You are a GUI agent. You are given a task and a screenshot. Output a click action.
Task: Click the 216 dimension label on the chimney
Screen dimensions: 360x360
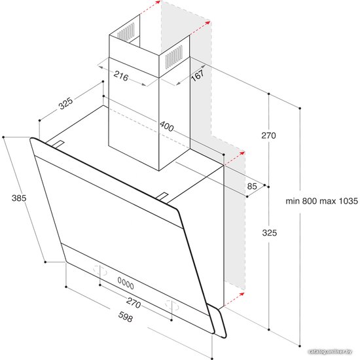click(121, 75)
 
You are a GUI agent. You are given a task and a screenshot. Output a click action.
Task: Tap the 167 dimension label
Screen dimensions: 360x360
click(198, 75)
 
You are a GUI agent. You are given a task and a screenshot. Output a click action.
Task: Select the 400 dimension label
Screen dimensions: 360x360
click(167, 126)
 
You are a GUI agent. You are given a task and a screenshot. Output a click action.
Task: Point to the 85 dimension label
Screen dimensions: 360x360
click(252, 186)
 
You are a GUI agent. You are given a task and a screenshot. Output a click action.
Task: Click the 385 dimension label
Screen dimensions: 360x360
click(19, 198)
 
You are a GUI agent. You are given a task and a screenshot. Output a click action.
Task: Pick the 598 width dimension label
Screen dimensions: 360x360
click(126, 317)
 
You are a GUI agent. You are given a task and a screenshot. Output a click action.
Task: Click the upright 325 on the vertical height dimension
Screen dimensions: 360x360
click(270, 233)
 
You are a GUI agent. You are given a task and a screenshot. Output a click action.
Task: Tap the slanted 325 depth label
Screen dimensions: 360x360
click(65, 103)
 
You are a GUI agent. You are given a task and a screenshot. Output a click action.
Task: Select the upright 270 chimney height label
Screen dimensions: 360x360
click(268, 135)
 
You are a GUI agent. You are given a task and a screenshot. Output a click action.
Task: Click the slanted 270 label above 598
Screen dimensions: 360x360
click(134, 302)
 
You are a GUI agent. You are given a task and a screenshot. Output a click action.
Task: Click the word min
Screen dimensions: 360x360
click(293, 201)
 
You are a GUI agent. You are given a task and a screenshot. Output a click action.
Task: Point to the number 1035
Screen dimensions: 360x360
click(348, 201)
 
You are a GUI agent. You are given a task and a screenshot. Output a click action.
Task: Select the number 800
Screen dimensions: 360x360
click(310, 201)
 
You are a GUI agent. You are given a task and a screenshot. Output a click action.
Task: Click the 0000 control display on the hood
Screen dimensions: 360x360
click(126, 283)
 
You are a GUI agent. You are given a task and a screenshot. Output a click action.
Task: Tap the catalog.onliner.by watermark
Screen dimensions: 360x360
click(331, 351)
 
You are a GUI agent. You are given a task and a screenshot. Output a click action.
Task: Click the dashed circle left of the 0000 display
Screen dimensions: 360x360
click(100, 270)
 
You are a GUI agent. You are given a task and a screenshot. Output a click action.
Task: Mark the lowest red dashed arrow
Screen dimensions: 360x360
click(234, 299)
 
